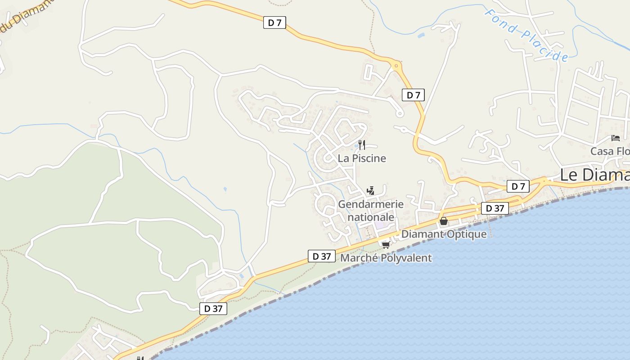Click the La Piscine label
coord(362,158)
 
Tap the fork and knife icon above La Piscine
coord(361,145)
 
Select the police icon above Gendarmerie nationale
coord(370,191)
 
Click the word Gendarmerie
coord(371,204)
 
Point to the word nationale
coord(371,217)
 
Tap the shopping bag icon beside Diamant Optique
coord(444,221)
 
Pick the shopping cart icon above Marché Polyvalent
coord(386,245)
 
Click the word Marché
coord(357,258)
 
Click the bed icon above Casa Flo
coord(616,138)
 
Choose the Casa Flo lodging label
coord(610,151)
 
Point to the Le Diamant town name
coord(594,175)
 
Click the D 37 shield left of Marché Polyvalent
coord(322,256)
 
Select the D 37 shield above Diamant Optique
coord(495,208)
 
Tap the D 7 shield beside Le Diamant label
coord(518,186)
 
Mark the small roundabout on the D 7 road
coord(396,66)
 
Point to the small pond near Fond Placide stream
coord(421,35)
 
